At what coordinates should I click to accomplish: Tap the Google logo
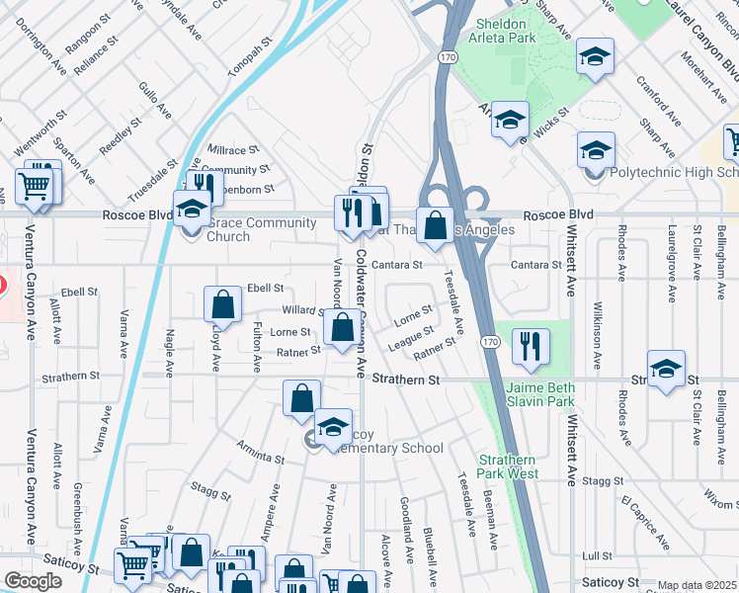pyautogui.click(x=34, y=581)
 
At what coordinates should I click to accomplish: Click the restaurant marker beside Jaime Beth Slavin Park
pyautogui.click(x=532, y=346)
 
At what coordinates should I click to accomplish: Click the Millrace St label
pyautogui.click(x=233, y=149)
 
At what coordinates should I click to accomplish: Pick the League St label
pyautogui.click(x=411, y=337)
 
